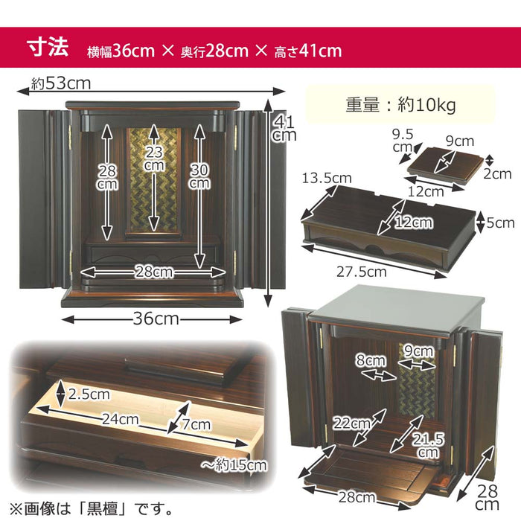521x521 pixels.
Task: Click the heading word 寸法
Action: tap(48, 48)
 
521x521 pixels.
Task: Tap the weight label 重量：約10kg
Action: tap(400, 105)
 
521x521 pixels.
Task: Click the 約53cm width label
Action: tap(61, 83)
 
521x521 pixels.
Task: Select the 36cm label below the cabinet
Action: tap(156, 319)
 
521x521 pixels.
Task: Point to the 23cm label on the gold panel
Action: tap(154, 159)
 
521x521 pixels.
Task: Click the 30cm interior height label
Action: tap(199, 176)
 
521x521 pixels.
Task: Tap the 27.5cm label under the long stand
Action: tap(362, 272)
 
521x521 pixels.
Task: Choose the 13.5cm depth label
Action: tap(327, 179)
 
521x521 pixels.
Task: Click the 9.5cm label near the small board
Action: tap(403, 140)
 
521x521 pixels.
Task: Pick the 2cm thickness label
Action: tap(497, 173)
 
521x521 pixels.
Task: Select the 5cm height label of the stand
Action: tap(500, 223)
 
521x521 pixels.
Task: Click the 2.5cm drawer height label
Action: tap(89, 394)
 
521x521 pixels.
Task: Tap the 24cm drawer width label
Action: tap(120, 419)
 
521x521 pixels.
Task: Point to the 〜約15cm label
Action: tap(234, 464)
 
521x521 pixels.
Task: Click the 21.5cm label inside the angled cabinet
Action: tap(428, 446)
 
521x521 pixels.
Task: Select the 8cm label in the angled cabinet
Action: tap(371, 360)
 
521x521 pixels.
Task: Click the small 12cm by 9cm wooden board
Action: tap(445, 165)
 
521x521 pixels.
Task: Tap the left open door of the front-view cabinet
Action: tap(44, 199)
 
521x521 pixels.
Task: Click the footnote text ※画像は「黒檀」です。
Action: tap(91, 508)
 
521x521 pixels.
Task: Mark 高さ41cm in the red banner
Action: tap(308, 51)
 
